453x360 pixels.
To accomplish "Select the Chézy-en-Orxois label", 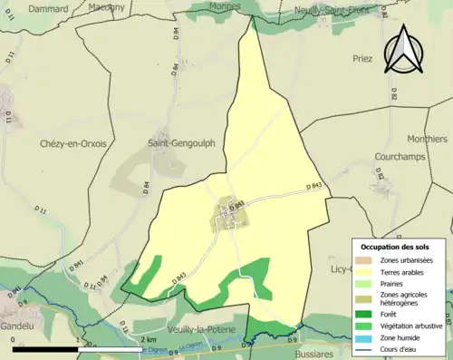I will [72, 143].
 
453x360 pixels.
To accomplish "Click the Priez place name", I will [362, 57].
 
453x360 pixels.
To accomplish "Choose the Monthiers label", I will [427, 140].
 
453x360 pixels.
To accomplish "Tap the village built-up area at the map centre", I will [225, 217].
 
